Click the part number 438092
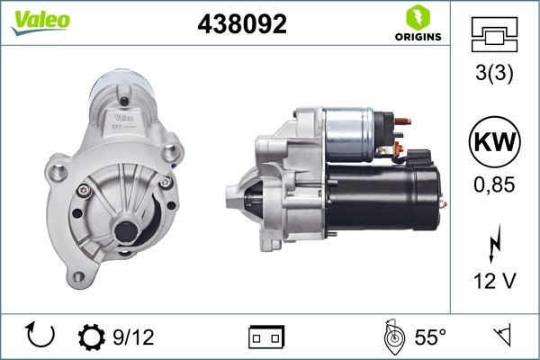coord(241,24)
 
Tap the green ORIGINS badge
coord(417,24)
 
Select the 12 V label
coord(494,282)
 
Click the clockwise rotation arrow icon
coord(41,336)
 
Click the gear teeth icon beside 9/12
coord(92,337)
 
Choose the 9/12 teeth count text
coord(133,337)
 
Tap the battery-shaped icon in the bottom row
coord(266,337)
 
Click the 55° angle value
coord(430,337)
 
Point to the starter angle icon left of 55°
coord(391,337)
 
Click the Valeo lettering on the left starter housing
coord(123,116)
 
